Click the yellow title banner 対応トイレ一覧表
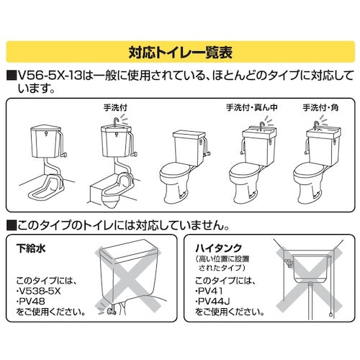coord(180,52)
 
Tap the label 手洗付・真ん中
coord(251,107)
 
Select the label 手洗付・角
coord(320,107)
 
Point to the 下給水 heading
coord(31,248)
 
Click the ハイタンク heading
coord(218,248)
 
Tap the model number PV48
coord(32,301)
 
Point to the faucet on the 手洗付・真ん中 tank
coord(261,125)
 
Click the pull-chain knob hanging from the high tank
coord(331,314)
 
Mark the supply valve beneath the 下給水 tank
coord(111,311)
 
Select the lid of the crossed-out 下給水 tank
coord(129,249)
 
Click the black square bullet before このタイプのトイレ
coord(12,225)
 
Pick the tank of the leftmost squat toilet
coord(46,142)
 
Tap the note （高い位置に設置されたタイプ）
coord(222,264)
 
